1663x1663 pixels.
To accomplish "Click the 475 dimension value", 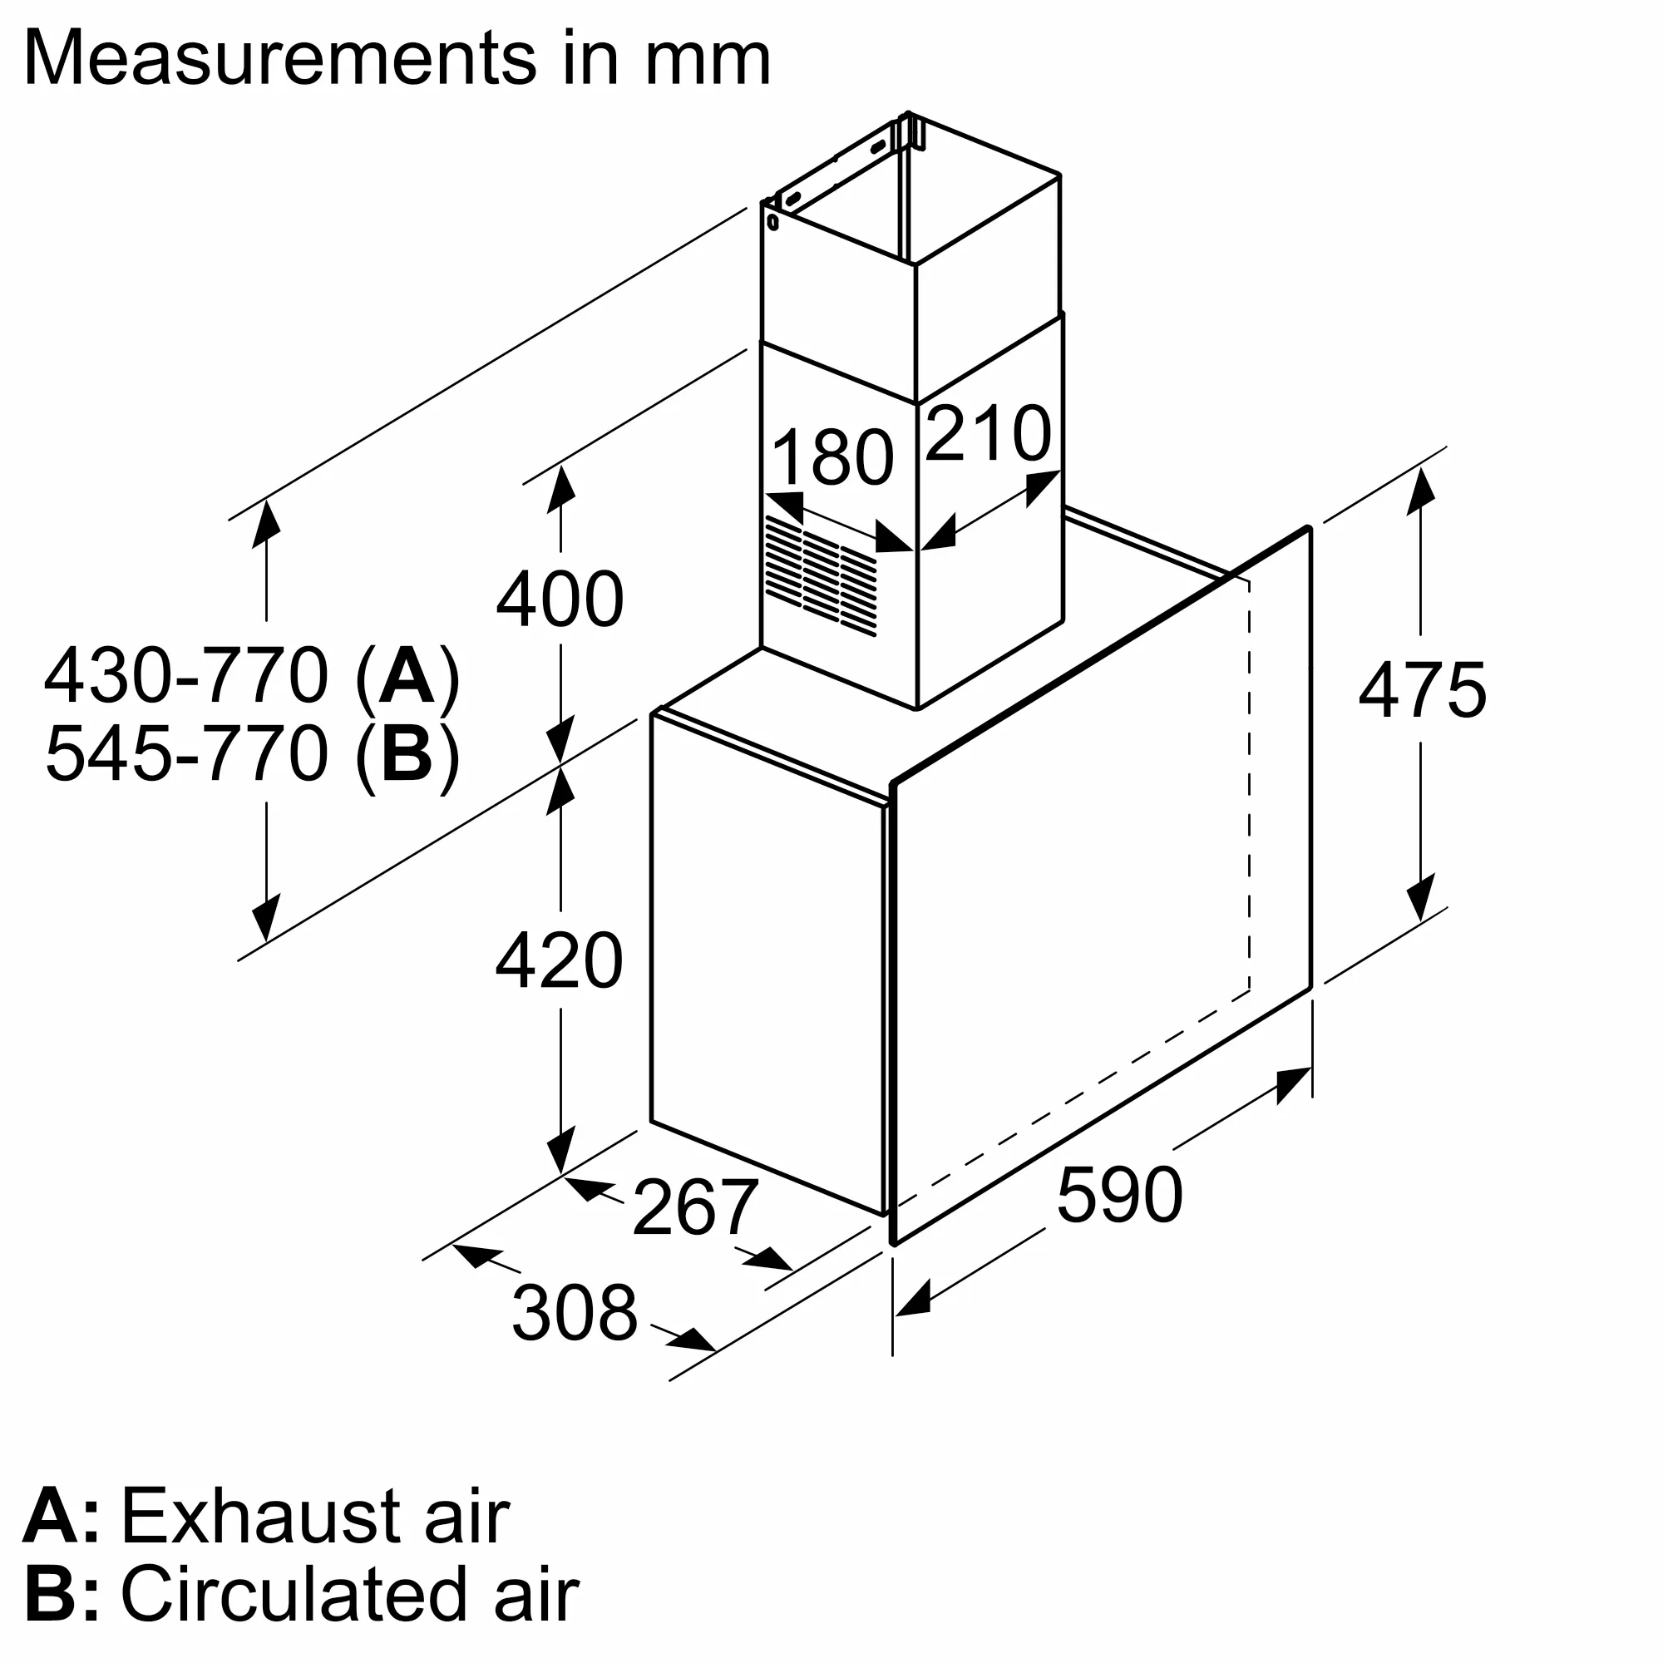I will [x=1422, y=690].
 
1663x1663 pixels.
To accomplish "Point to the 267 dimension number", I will [x=694, y=1208].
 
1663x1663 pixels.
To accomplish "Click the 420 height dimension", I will [x=560, y=961].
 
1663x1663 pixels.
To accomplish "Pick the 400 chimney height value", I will [x=560, y=600].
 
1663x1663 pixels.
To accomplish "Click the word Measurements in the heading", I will [x=279, y=58].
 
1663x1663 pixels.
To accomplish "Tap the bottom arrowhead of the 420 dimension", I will [x=560, y=1152].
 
